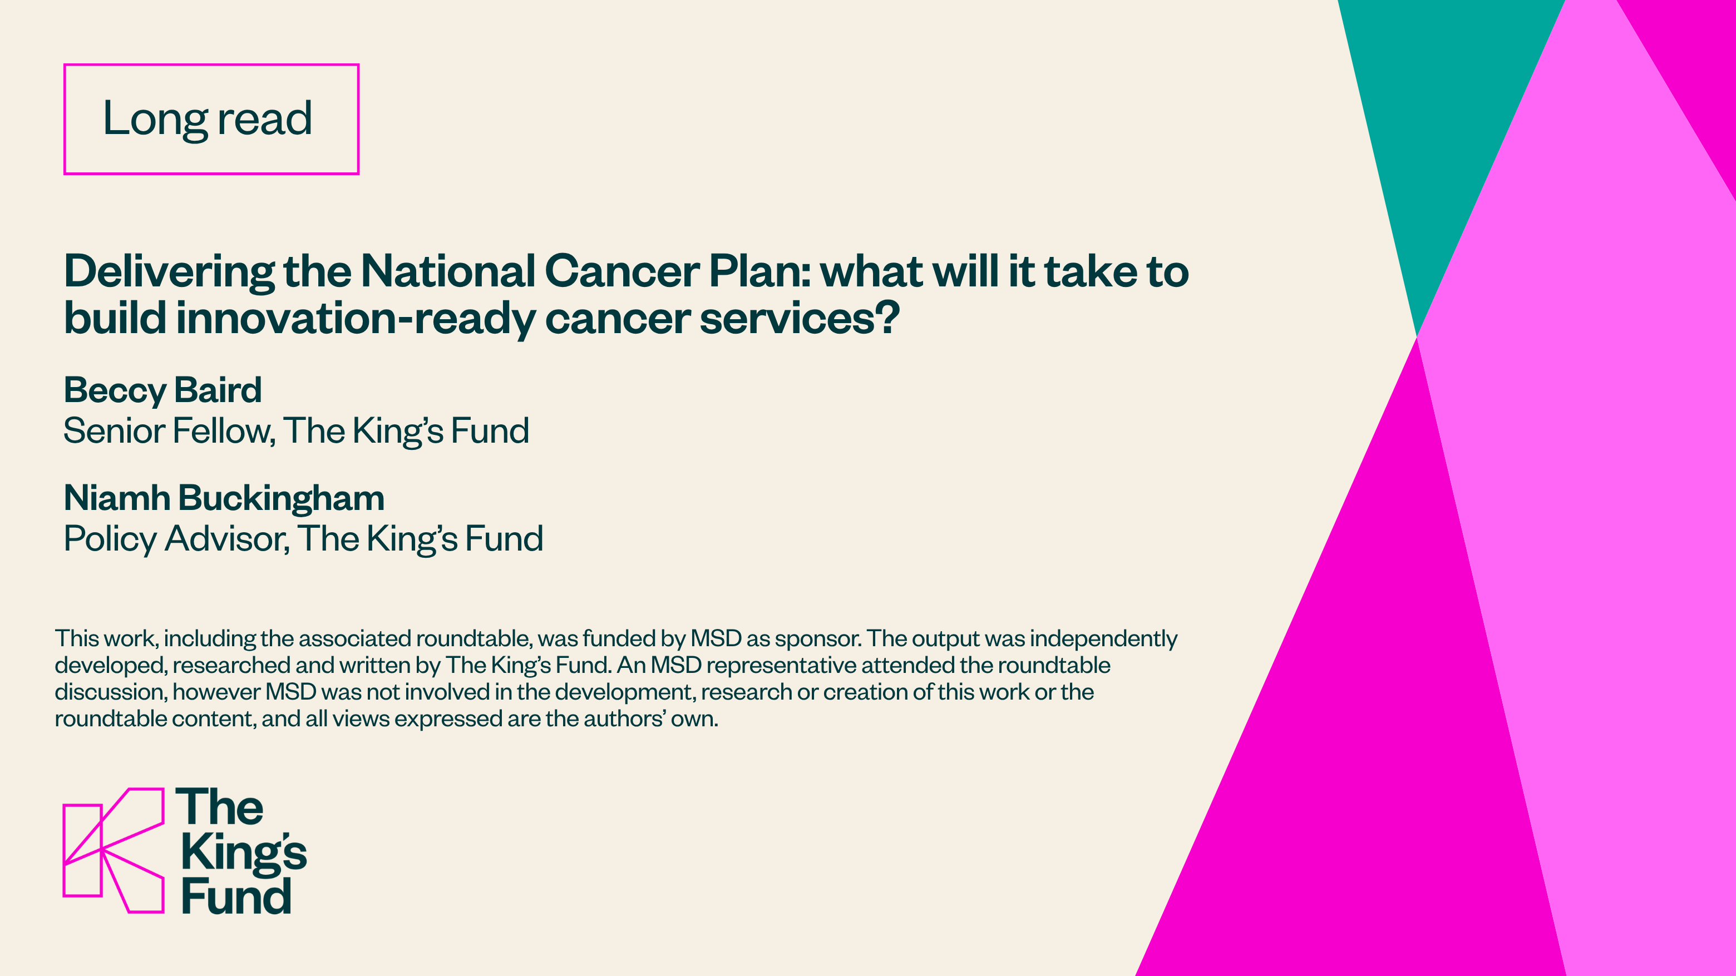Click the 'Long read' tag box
[x=211, y=65]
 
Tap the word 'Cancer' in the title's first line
[x=622, y=271]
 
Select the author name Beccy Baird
[x=162, y=390]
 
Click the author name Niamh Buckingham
[x=224, y=498]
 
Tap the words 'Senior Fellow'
[x=169, y=431]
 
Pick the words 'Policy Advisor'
[x=176, y=539]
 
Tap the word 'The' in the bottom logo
[x=220, y=806]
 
